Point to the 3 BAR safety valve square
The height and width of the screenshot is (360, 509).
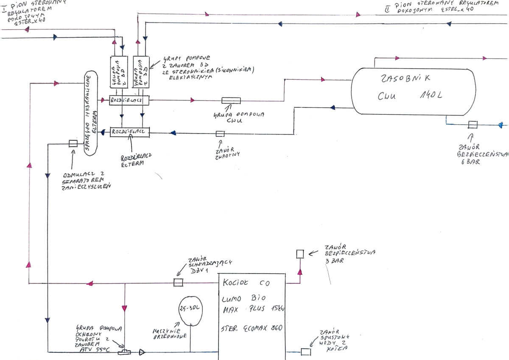pyautogui.click(x=300, y=254)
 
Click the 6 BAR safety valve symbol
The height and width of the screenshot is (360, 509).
pyautogui.click(x=473, y=125)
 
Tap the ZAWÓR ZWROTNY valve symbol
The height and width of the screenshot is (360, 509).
pyautogui.click(x=220, y=134)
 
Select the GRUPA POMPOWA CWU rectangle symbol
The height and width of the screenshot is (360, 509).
pyautogui.click(x=231, y=100)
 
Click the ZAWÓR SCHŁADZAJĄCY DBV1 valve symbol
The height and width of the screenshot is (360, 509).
pyautogui.click(x=179, y=282)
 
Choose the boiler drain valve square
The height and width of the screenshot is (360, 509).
pyautogui.click(x=305, y=352)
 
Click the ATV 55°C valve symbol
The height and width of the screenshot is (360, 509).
pyautogui.click(x=125, y=352)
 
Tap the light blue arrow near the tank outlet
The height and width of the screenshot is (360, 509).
pyautogui.click(x=501, y=125)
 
